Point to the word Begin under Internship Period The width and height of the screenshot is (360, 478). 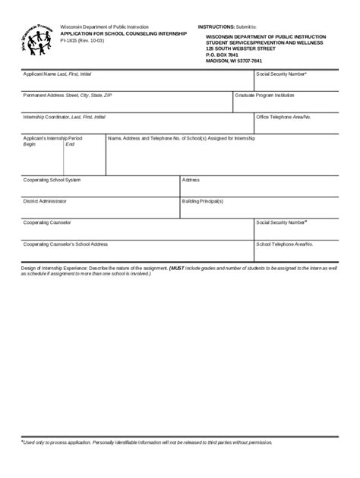point(30,144)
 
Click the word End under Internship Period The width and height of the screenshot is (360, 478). point(70,144)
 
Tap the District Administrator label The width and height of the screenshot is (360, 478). point(45,201)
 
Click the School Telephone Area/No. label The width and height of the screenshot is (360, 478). point(285,244)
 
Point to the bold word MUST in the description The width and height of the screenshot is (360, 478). point(177,268)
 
